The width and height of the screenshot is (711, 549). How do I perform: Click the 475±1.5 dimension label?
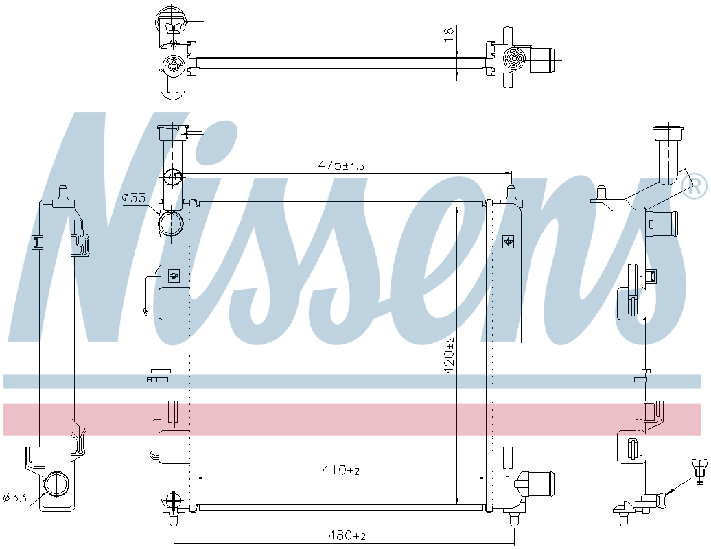[340, 165]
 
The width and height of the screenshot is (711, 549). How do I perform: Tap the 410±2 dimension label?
[341, 470]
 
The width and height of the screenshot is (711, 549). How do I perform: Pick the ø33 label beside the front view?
[134, 198]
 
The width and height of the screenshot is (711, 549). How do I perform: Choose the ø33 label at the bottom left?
[15, 498]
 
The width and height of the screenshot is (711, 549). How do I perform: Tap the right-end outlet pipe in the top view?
[546, 59]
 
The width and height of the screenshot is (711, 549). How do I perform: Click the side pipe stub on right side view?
[664, 222]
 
